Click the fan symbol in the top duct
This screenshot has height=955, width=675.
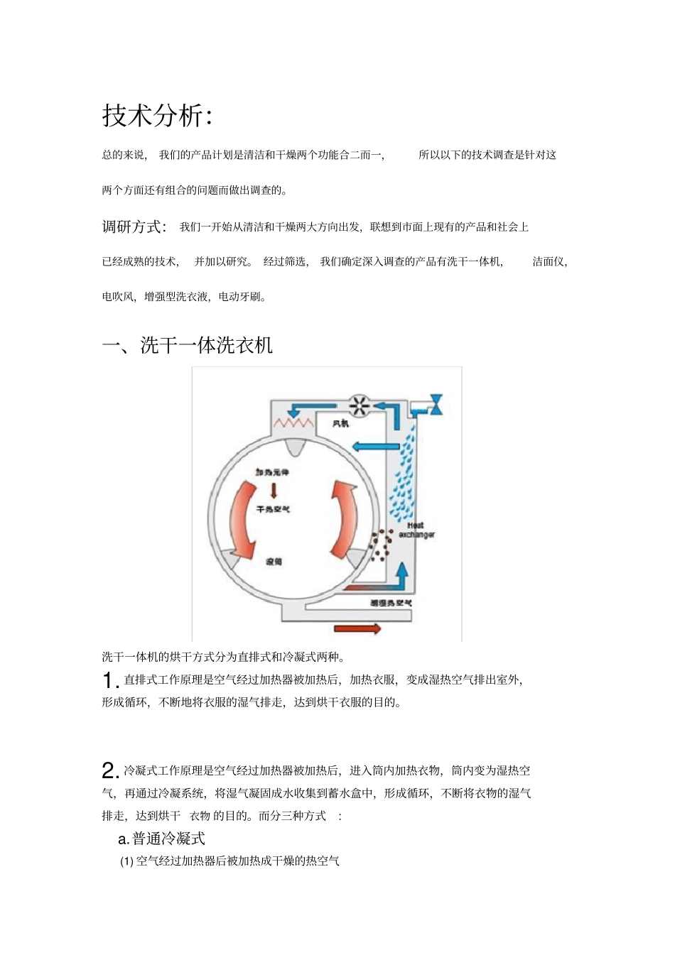(360, 406)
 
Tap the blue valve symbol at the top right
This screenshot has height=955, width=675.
(436, 404)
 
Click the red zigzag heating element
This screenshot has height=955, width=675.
(294, 423)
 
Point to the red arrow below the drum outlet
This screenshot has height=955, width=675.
(357, 628)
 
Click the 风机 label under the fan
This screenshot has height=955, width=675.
(341, 424)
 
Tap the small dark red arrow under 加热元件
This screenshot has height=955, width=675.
(274, 491)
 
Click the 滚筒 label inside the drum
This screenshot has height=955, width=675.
(274, 562)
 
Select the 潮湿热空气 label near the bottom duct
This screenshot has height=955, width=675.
(391, 604)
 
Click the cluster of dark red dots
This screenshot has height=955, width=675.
(381, 544)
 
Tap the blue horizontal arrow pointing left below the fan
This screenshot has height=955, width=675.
(376, 446)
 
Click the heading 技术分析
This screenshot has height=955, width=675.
(157, 115)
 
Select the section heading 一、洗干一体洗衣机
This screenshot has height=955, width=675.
(188, 345)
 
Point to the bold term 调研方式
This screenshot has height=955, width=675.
(134, 227)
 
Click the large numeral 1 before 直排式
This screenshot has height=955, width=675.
(109, 681)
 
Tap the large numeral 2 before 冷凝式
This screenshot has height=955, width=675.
(109, 771)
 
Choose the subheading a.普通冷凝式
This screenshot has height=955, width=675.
(161, 839)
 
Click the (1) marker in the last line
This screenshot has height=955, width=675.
(126, 861)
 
